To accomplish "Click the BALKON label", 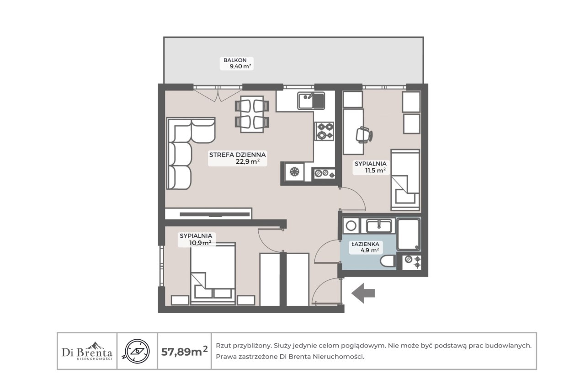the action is (x=235, y=60).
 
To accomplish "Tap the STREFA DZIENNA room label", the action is (x=237, y=155).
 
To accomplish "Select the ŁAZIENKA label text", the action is (x=365, y=244).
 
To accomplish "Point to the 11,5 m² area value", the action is (x=375, y=171).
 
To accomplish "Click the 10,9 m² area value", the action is (x=200, y=243).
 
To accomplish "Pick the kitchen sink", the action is (x=311, y=101).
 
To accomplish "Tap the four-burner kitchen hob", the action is (x=324, y=131).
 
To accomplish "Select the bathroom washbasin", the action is (x=379, y=226).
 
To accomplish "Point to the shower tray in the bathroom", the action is (x=409, y=235).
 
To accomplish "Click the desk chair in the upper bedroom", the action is (x=364, y=135).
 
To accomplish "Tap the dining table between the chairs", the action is (x=252, y=114).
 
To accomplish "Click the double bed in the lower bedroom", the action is (x=213, y=273).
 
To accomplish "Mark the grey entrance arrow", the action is (x=363, y=293).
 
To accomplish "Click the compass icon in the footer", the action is (x=137, y=351).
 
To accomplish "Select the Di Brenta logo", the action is (x=87, y=351).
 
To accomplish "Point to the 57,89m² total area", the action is (x=184, y=351).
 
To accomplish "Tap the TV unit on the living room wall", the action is (x=208, y=214).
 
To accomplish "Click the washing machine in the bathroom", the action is (x=351, y=226).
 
